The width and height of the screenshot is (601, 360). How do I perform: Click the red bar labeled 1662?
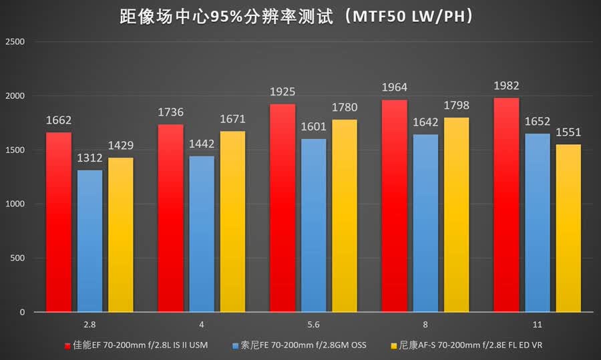(59, 222)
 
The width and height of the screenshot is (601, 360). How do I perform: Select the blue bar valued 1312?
(89, 240)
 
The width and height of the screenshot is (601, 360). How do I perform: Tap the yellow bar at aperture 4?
(232, 222)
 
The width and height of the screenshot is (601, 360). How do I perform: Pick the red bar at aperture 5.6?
(282, 208)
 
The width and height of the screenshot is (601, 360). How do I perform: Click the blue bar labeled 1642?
(425, 223)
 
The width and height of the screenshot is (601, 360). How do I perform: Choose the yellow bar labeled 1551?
(568, 228)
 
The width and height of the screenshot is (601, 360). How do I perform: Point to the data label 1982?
(506, 86)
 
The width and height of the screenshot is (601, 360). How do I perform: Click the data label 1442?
(202, 144)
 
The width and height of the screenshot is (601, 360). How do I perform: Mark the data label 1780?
(345, 108)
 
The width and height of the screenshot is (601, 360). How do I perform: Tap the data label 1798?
(457, 106)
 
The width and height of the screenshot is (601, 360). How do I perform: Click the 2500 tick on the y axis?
(15, 42)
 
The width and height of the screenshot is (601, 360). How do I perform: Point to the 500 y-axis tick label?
(17, 258)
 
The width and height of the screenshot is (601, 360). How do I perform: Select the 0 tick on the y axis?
(22, 313)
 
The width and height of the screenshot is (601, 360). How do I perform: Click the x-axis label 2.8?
(89, 325)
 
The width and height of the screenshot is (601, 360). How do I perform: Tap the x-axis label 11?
(538, 325)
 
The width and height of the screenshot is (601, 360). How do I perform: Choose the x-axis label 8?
(425, 325)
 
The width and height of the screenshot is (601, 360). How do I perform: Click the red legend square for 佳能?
(67, 346)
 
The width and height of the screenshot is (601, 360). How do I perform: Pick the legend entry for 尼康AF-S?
(467, 345)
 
